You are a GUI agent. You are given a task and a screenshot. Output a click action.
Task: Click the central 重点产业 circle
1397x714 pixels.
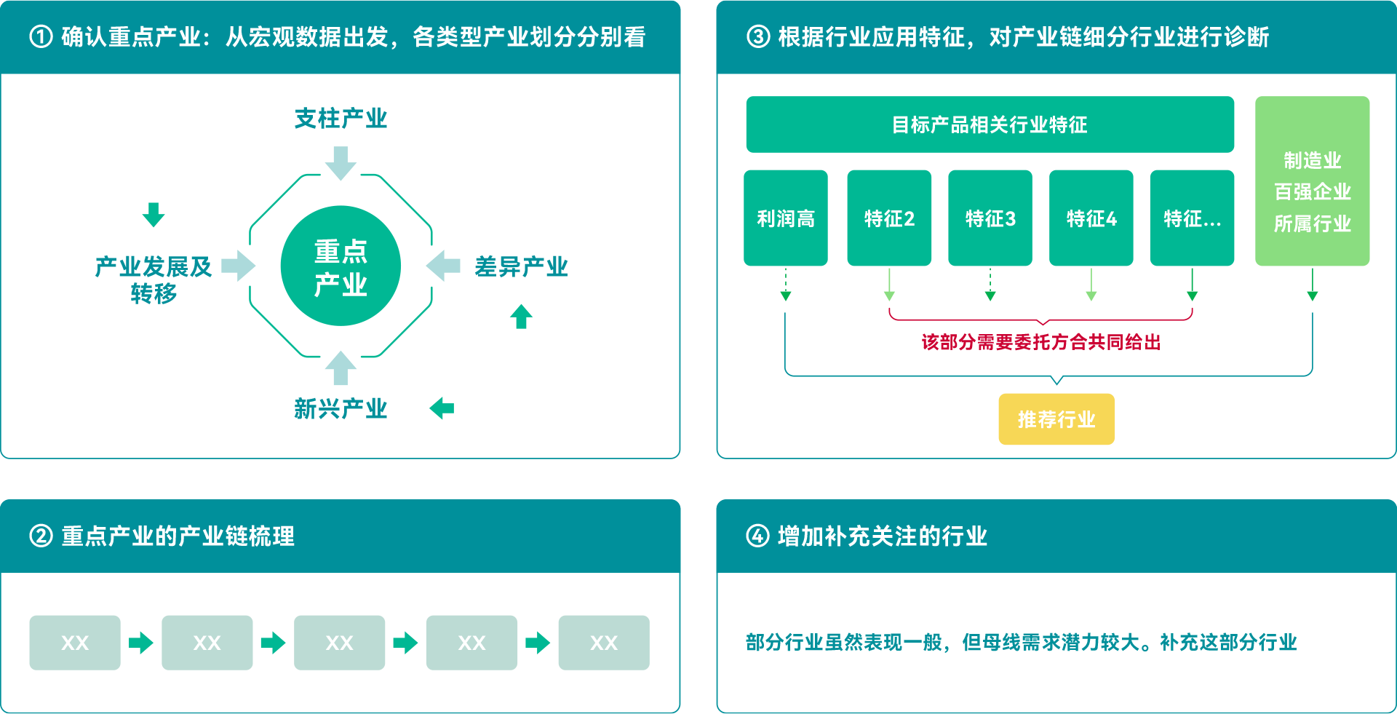(x=341, y=266)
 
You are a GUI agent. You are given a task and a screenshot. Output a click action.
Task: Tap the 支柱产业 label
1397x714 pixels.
(x=341, y=118)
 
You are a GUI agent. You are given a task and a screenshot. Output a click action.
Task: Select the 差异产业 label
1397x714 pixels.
(x=521, y=266)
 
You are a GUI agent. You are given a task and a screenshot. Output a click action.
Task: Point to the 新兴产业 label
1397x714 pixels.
(x=341, y=408)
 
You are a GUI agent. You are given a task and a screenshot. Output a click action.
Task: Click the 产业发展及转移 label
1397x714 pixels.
(x=154, y=279)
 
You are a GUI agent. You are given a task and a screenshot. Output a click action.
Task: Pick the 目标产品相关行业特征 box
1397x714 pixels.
(x=990, y=124)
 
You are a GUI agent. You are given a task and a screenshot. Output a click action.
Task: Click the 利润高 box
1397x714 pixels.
(x=786, y=218)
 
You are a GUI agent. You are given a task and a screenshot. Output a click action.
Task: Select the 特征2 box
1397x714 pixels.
(x=889, y=218)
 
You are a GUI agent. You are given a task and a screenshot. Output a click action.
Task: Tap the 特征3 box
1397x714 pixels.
(x=990, y=218)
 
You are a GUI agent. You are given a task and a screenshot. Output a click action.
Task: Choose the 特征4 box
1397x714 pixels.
(x=1091, y=218)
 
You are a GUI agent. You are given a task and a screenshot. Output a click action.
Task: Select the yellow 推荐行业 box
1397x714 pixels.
(x=1056, y=419)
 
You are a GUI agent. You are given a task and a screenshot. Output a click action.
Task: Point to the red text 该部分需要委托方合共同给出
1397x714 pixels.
(x=1041, y=342)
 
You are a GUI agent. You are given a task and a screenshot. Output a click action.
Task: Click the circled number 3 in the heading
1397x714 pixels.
(x=758, y=36)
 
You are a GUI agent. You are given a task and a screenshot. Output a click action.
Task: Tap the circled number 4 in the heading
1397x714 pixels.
(x=757, y=536)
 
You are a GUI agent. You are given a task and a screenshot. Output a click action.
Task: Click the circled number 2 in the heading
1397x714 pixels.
(x=41, y=536)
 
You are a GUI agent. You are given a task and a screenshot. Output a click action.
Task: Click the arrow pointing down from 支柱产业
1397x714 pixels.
(x=341, y=163)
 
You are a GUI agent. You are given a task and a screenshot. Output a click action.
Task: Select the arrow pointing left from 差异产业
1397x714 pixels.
(x=443, y=266)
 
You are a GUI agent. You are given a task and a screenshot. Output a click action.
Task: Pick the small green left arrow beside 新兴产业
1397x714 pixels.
(x=442, y=408)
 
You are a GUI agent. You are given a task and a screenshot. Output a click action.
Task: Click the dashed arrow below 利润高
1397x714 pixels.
(x=786, y=285)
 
